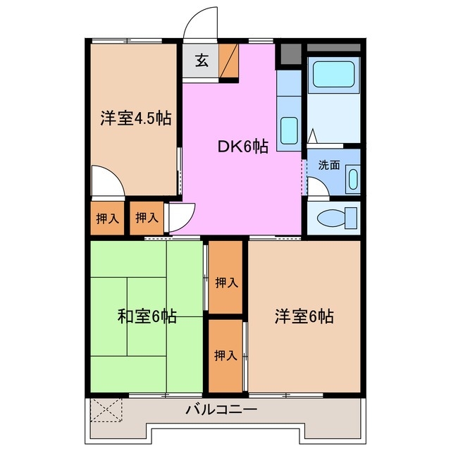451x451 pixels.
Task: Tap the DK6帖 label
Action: coord(242,147)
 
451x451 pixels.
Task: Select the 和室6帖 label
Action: coord(147,316)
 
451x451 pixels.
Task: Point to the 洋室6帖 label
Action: coord(304,316)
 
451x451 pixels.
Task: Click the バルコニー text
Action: coord(221,409)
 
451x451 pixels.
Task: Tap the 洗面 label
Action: coord(328,166)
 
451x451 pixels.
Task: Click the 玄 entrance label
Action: coord(202,61)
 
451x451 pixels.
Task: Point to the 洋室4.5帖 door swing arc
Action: coord(107,180)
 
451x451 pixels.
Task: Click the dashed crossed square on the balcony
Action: coord(107,409)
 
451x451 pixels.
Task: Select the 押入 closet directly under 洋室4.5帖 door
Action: coord(107,218)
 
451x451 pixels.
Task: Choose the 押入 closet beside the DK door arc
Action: coord(147,218)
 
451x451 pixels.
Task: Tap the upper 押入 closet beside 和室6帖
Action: coord(225,283)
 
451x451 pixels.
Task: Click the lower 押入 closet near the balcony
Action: coord(225,355)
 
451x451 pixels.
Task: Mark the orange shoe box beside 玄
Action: coord(229,61)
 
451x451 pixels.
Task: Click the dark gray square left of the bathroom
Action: coord(289,54)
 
